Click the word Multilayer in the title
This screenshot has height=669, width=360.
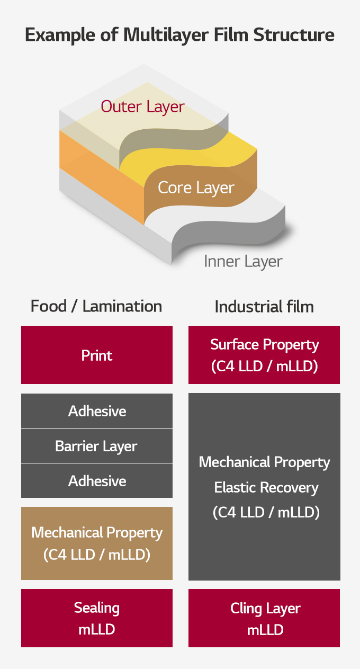point(166,34)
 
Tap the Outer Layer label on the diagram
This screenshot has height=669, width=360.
point(143,106)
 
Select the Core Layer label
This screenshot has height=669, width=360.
point(196,188)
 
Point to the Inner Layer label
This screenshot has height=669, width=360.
point(243,262)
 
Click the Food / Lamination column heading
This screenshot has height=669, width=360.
point(96,306)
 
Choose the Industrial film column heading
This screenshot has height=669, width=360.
point(264,307)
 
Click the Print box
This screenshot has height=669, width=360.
point(97,355)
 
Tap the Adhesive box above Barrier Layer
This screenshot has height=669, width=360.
point(97,411)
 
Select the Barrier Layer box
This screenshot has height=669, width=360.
point(97,446)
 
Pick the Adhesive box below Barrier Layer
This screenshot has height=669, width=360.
point(97,480)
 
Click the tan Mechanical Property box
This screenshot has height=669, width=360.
point(97,543)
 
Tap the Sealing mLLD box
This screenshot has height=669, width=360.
point(97,618)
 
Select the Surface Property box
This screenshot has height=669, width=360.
point(264,355)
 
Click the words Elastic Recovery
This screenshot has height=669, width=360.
point(266,488)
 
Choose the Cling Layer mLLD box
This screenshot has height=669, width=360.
point(264,618)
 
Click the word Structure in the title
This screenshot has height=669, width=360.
point(294,34)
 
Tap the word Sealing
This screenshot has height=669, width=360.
point(97,608)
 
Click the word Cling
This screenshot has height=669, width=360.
point(246,609)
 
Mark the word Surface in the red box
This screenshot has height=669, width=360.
point(235,344)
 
